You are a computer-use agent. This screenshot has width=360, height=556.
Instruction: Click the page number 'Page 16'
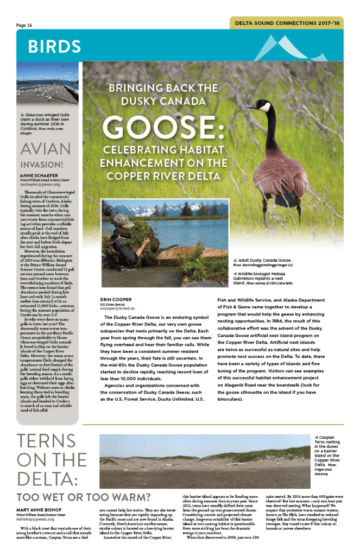click(24, 25)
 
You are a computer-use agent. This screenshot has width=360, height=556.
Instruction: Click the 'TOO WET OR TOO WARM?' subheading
click(83, 497)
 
